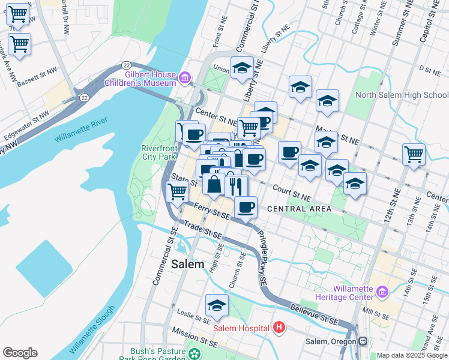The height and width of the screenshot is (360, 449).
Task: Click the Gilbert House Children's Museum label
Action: tap(150, 79)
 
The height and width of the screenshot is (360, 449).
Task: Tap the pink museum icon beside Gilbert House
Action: tap(185, 77)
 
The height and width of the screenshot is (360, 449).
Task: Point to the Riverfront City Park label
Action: tap(158, 152)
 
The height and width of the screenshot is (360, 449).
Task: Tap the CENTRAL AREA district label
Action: tap(299, 209)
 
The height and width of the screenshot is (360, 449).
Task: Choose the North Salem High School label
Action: tap(402, 95)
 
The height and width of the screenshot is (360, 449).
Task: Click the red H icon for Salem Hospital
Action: tap(279, 328)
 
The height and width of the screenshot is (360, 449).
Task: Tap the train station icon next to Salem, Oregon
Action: tap(363, 341)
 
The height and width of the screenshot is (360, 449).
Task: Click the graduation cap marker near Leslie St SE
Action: tap(217, 305)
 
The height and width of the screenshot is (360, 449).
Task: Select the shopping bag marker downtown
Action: tap(214, 184)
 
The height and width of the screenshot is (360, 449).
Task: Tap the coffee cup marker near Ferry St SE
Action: tap(245, 208)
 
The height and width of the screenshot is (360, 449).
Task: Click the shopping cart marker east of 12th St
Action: tap(414, 154)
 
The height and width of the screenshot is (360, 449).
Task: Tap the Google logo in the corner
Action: tap(20, 353)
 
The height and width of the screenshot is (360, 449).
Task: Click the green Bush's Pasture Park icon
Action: tap(194, 353)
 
